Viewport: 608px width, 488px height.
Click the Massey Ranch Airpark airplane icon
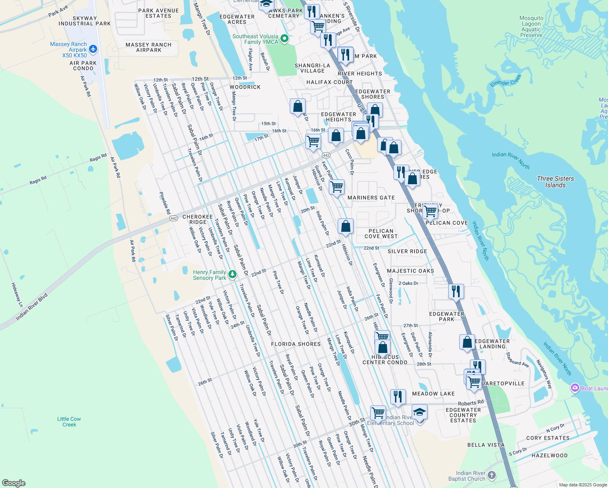(93, 49)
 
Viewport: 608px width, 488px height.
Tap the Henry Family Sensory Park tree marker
(232, 274)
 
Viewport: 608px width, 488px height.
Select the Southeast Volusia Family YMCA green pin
(284, 39)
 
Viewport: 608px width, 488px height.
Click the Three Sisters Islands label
(555, 182)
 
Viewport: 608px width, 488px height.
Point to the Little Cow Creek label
(69, 422)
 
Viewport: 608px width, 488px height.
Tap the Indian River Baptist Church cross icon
(492, 475)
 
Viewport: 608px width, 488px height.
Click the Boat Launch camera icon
(575, 388)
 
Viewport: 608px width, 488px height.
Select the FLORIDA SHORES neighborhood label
(296, 344)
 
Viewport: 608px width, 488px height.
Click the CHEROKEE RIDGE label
(198, 219)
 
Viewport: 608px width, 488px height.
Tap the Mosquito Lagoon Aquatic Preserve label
(531, 26)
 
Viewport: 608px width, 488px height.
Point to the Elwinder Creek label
(506, 80)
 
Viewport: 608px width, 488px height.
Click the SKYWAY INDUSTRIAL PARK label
(85, 21)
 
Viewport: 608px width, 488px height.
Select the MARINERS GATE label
(371, 198)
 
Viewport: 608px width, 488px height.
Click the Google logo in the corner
(13, 483)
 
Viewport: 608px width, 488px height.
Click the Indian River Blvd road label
(32, 307)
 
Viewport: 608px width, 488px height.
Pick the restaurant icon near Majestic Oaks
(456, 291)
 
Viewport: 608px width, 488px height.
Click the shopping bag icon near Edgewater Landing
(467, 342)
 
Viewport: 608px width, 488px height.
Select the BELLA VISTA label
(486, 445)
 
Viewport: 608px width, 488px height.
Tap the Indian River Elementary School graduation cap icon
(419, 412)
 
